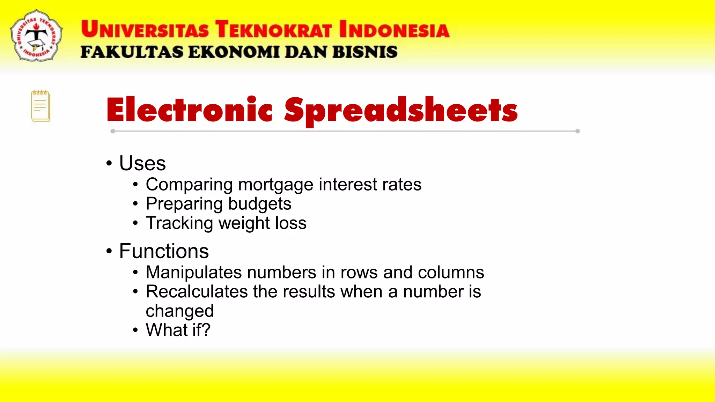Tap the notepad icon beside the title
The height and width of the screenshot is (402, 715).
pos(40,106)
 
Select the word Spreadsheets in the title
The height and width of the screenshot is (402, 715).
pos(400,111)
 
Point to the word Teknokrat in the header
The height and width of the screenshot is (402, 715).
pos(273,29)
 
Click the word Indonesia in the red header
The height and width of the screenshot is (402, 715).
pos(394,29)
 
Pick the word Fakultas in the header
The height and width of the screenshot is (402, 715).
pos(132,52)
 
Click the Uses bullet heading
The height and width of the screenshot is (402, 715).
pos(142,163)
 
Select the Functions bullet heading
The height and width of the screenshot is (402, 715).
pos(164,251)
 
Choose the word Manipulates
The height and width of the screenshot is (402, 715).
pos(193,272)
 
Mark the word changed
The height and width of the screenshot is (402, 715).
pos(179,311)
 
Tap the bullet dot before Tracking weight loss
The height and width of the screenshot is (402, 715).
pos(135,223)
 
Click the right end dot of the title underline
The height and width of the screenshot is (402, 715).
pos(577,131)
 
